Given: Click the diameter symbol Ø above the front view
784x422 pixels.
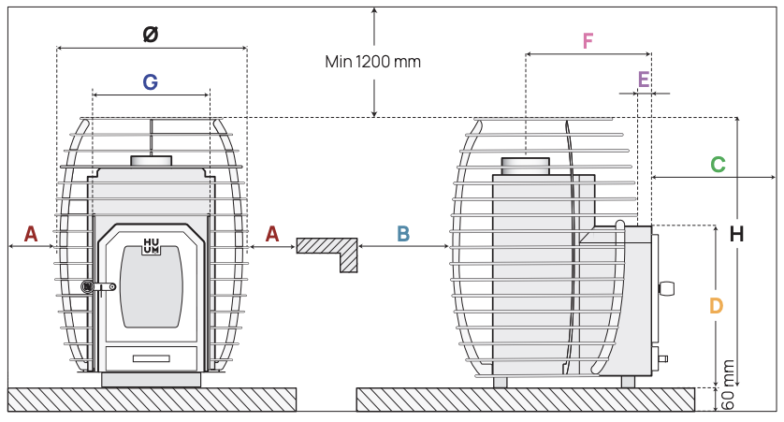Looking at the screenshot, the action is pos(151,35).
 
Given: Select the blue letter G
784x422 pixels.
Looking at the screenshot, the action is pos(150,82).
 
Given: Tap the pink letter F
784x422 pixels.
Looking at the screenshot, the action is pos(588,40).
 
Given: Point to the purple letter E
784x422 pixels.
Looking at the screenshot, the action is pos(644,80).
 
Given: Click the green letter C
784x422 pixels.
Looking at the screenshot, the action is pos(718,165).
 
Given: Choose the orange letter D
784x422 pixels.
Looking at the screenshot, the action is pos(717,305).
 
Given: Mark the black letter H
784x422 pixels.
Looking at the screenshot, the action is pos(736,234).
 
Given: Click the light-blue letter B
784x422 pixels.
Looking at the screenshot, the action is pos(403,234).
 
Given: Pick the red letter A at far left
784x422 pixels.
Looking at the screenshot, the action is pos(31,234).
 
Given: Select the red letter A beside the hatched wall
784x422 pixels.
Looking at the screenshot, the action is pos(272,234).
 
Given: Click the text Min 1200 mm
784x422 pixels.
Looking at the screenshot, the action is pos(373,62).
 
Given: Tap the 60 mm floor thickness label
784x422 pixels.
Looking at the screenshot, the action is pos(728,385).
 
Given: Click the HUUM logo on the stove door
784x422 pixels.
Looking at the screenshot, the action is pos(151,246).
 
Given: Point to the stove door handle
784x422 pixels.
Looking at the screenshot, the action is pos(98,287).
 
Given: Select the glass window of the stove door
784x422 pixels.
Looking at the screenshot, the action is pos(151,287).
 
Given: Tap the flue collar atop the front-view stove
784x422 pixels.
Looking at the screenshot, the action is pos(151,162).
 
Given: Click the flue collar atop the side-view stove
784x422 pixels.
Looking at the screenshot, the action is pos(526,166).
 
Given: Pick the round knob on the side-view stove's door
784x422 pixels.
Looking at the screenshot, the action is pos(667,288).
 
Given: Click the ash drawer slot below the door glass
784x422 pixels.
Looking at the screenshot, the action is pos(151,358).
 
